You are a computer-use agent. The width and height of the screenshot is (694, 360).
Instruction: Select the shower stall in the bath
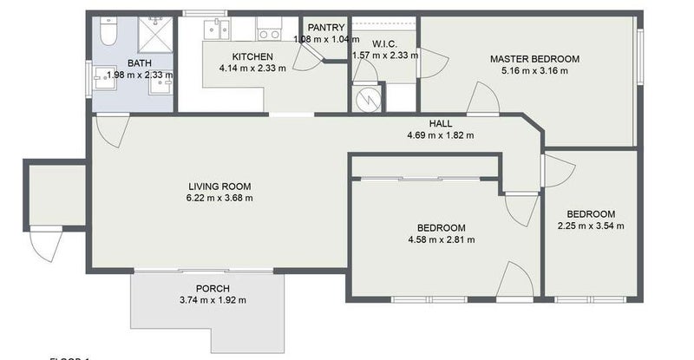[x=155, y=34]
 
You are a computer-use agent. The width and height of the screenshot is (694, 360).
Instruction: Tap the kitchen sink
[x=215, y=29]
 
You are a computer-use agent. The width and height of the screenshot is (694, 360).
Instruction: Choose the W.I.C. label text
[x=384, y=43]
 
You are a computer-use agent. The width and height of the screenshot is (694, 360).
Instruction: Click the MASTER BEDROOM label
[x=534, y=59]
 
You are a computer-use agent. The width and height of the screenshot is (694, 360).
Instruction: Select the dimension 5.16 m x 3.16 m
[x=534, y=70]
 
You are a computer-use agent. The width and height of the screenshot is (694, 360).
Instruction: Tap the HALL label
[x=441, y=123]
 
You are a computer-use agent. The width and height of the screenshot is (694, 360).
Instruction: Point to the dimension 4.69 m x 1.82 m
[x=441, y=134]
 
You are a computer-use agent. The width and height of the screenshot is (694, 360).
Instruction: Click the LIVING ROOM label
[x=219, y=186]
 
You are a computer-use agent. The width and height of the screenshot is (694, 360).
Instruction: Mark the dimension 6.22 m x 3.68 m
[x=219, y=198]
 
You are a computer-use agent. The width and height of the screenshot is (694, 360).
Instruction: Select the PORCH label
[x=213, y=289]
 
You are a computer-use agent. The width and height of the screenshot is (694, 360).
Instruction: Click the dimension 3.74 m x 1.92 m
[x=213, y=300]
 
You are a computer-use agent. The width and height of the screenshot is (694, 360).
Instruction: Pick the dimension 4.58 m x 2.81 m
[x=441, y=239]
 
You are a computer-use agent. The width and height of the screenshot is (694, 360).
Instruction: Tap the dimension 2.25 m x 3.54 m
[x=591, y=226]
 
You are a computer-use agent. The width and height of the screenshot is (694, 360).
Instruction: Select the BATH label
[x=139, y=63]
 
